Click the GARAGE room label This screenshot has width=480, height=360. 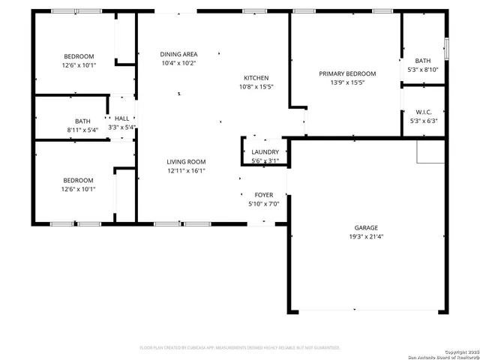366,228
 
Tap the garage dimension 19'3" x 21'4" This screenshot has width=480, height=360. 366,237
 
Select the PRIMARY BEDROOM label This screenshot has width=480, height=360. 347,73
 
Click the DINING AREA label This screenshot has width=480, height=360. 178,54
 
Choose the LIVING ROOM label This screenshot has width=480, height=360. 186,162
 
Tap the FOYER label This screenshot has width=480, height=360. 263,195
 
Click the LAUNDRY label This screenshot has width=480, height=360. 265,152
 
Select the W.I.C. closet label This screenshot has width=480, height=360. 423,111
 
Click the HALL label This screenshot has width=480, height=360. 121,118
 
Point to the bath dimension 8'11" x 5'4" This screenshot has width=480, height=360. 82,130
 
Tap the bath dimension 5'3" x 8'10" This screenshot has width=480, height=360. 423,70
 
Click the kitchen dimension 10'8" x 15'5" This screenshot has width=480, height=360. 256,87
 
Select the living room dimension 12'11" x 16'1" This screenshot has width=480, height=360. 186,171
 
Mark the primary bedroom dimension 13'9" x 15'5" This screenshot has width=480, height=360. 347,82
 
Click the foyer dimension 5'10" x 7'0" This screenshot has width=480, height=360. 263,204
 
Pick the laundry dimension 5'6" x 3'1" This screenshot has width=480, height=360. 265,160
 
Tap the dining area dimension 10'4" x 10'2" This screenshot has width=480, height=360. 178,63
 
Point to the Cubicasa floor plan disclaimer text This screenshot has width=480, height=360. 240,348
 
